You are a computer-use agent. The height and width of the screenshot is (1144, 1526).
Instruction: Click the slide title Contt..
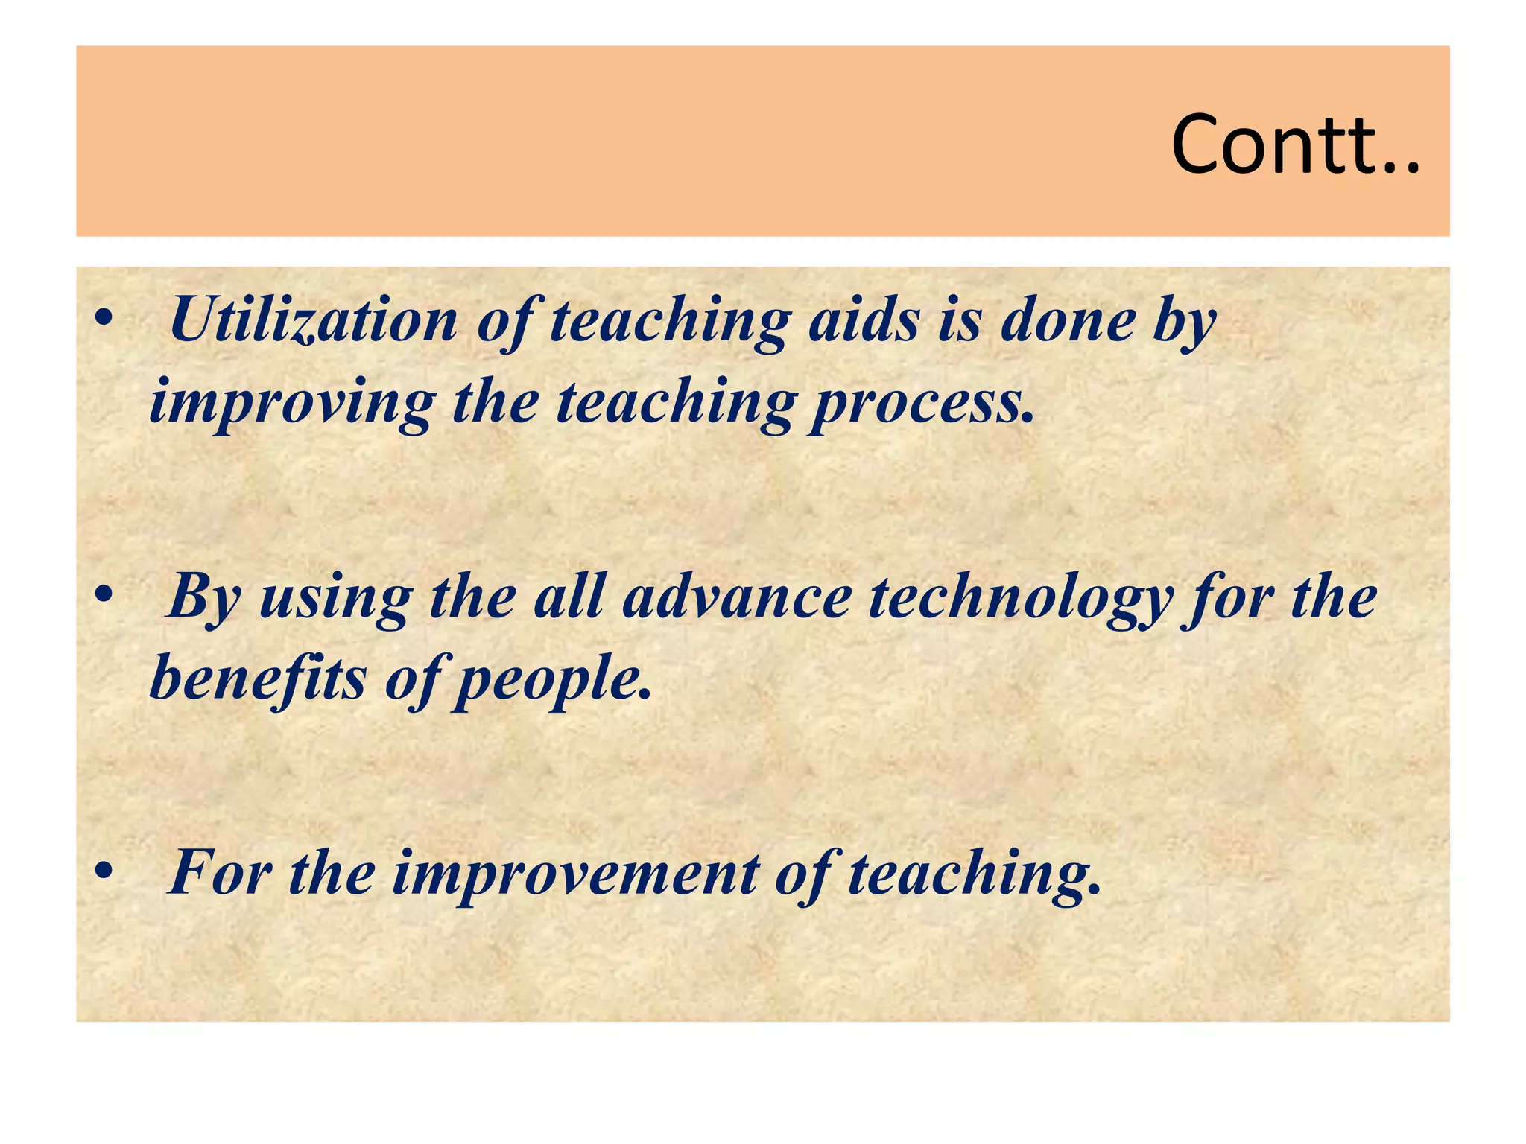point(1295,144)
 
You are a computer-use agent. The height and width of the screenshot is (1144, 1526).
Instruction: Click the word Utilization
point(313,320)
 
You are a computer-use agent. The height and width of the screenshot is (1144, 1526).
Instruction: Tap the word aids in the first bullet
point(864,320)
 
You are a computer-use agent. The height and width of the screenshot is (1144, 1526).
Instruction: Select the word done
point(1068,320)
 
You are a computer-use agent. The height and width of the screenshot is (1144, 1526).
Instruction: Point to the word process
point(922,404)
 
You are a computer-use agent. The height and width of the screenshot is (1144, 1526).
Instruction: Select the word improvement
point(574,874)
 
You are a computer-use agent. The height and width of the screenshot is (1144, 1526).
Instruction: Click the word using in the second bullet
point(335,600)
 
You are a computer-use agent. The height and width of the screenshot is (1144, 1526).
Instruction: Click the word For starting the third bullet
point(219,872)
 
